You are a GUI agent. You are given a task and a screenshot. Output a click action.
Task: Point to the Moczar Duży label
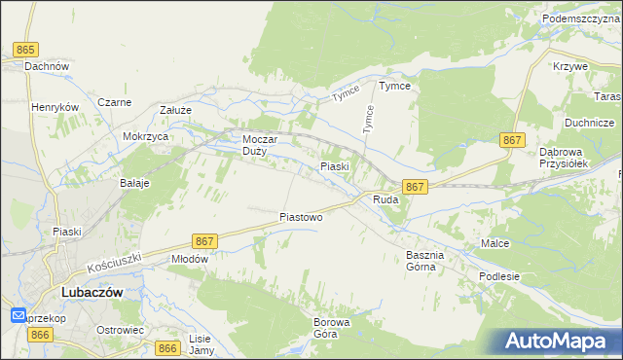tap(260, 145)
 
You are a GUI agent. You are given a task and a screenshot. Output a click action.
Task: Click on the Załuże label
tap(175, 111)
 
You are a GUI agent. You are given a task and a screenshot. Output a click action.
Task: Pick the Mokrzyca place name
tap(146, 137)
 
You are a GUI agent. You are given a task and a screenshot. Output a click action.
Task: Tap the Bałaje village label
tap(134, 183)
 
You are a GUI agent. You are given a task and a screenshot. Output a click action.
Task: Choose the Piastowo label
tap(301, 217)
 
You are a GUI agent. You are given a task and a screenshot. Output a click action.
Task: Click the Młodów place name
tap(190, 259)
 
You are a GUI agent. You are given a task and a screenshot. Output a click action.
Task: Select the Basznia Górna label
tap(425, 261)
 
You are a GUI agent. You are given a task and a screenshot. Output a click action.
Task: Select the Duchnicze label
tap(589, 123)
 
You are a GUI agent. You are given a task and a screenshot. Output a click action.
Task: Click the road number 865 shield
tap(26, 49)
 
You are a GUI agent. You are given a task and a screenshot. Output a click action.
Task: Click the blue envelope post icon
tap(18, 315)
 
